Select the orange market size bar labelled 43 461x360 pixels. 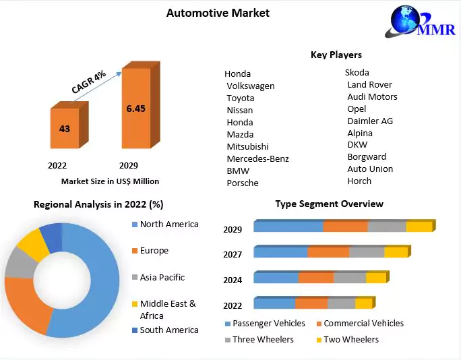coord(65,127)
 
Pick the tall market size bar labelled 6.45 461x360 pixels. coord(136,107)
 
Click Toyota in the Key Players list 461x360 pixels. coord(241,98)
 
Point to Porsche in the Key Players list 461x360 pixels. coord(243,183)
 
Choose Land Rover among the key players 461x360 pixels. coord(369,84)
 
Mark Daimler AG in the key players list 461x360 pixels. coord(370,121)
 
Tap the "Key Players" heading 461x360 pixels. coord(336,55)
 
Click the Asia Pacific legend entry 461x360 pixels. coord(162,277)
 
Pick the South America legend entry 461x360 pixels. coord(168,330)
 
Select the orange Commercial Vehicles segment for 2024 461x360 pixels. coord(316,278)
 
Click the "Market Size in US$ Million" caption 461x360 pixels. coord(110,181)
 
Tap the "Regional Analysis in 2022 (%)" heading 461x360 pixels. coord(98,204)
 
